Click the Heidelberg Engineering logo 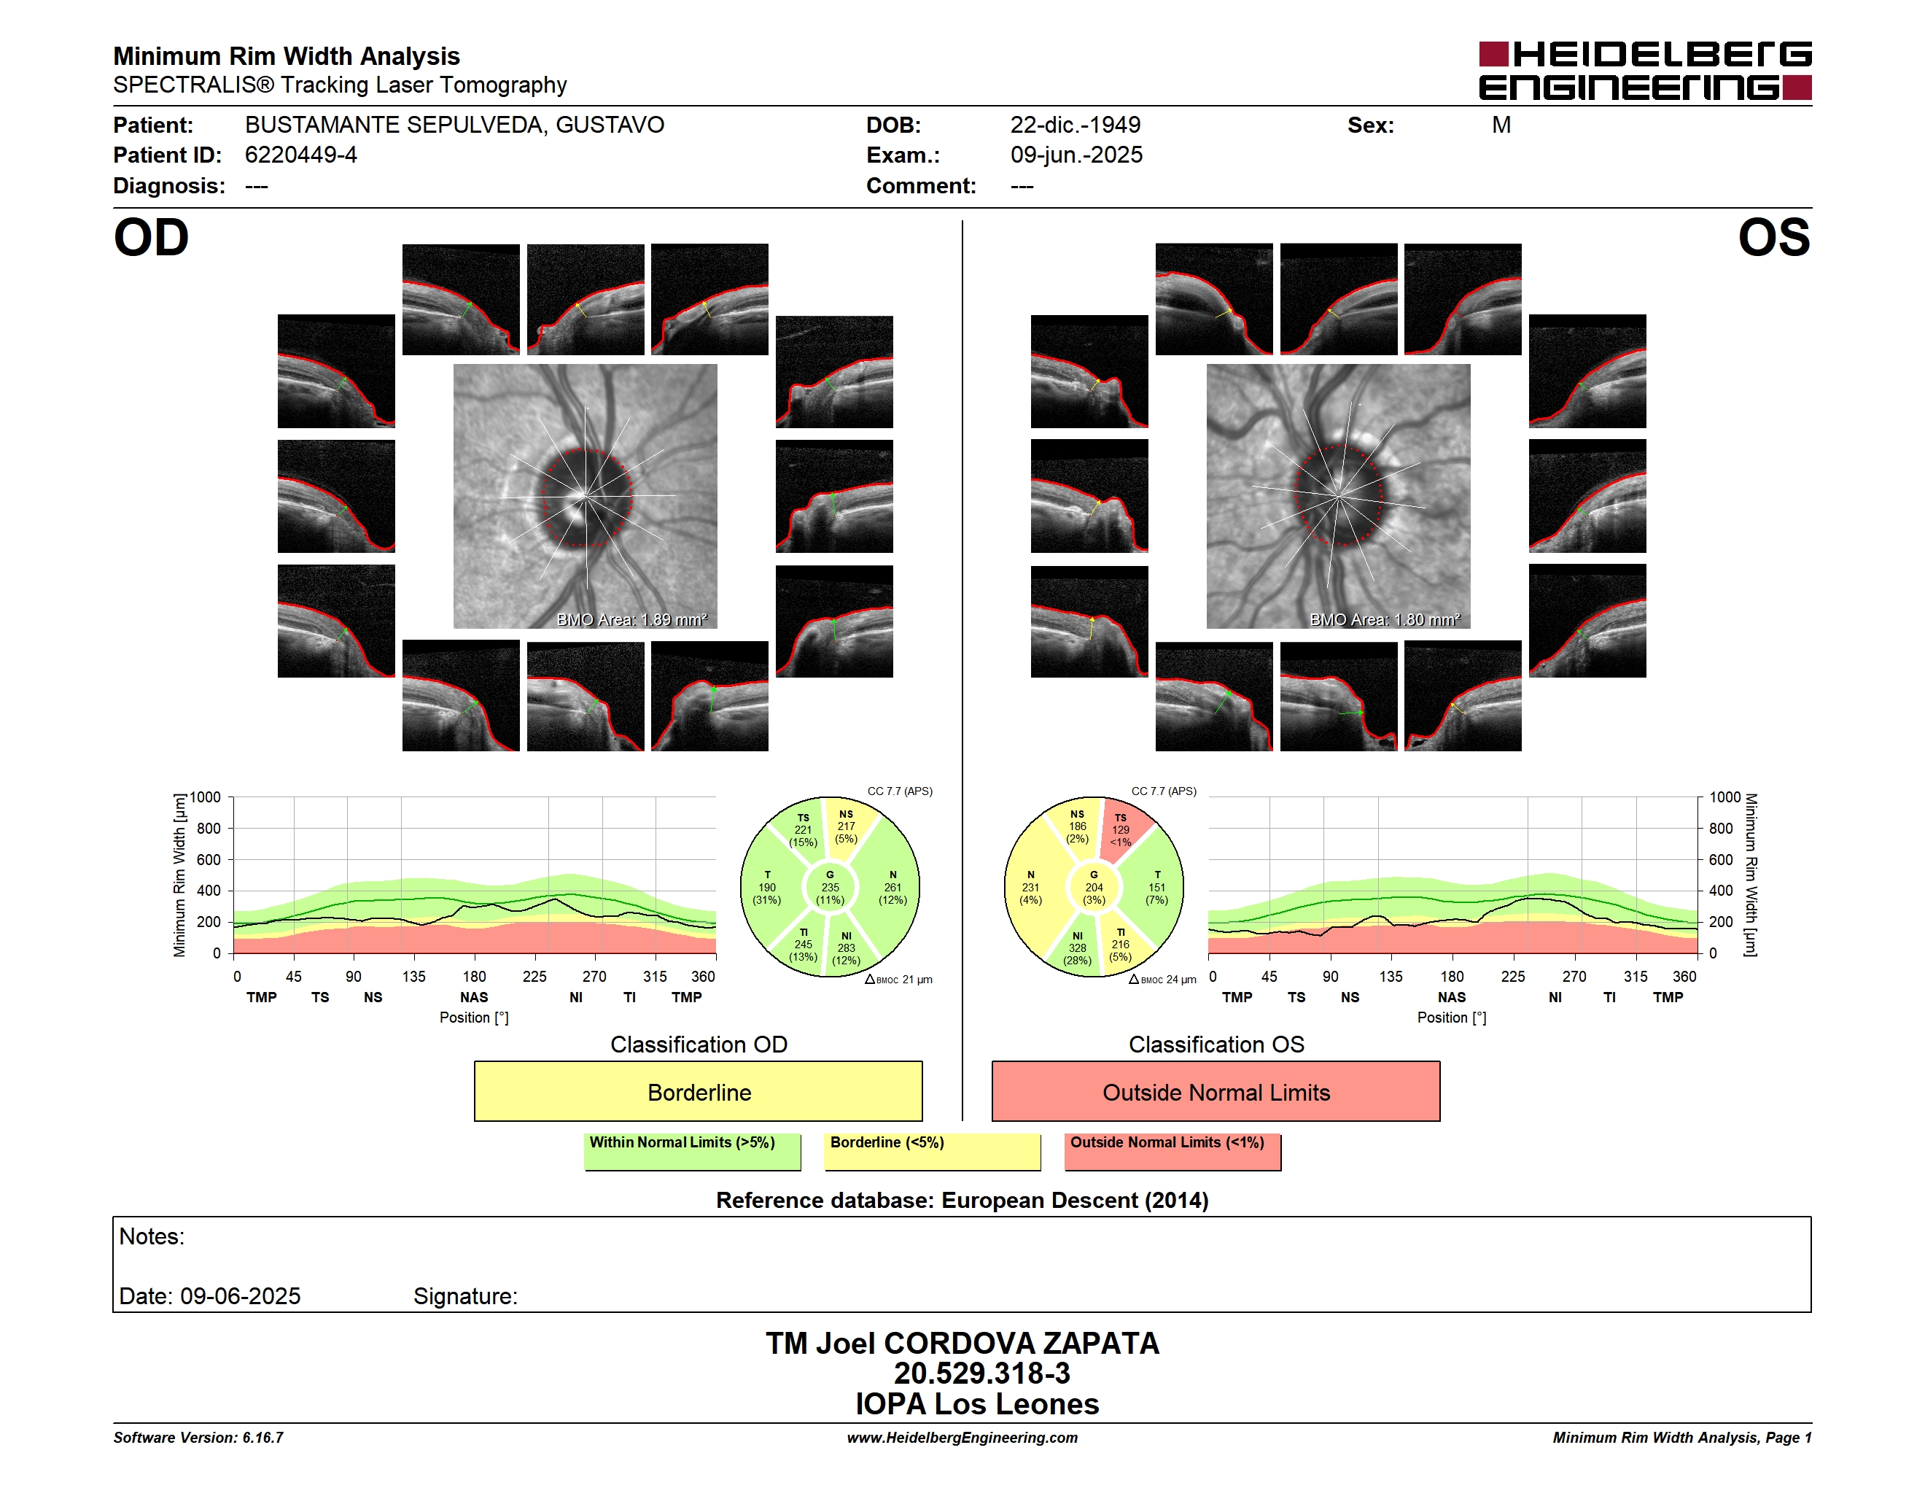1645,71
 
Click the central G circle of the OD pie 829,888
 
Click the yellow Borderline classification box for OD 698,1091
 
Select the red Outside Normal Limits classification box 1216,1091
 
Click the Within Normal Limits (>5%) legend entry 692,1150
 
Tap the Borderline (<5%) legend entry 933,1150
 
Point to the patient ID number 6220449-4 300,155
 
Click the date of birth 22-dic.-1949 1076,125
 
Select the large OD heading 151,238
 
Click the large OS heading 1773,238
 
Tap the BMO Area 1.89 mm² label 632,620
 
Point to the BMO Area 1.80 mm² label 1385,620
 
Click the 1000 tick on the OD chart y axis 204,797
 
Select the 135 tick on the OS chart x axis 1391,977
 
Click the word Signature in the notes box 465,1296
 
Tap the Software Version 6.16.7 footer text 198,1438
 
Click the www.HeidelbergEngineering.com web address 962,1438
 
